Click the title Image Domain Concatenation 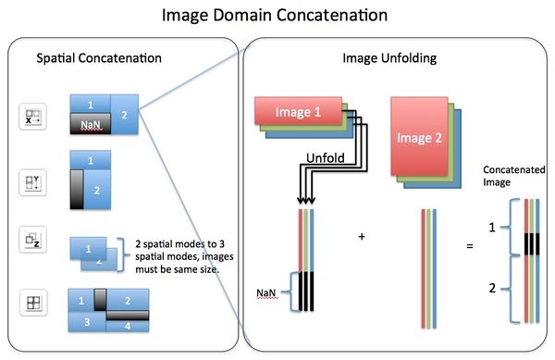pyautogui.click(x=277, y=16)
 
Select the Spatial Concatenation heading pyautogui.click(x=99, y=58)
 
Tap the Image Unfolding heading pyautogui.click(x=383, y=58)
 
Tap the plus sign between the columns pyautogui.click(x=362, y=237)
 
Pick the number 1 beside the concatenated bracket pyautogui.click(x=492, y=226)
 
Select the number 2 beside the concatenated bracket pyautogui.click(x=492, y=289)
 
